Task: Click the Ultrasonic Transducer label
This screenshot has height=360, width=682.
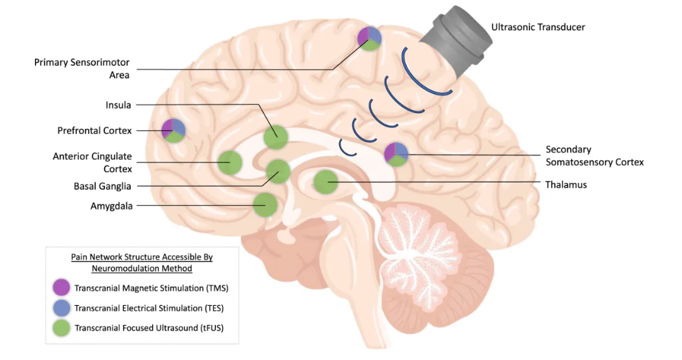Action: coord(538,27)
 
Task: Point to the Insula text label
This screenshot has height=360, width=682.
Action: coord(119,105)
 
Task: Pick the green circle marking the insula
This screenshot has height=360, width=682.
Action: coord(276,136)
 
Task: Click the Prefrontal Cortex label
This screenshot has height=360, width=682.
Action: coord(95,130)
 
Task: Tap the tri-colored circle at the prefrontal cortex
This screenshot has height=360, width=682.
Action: coord(173,130)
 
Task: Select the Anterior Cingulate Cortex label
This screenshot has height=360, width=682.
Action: coord(93,162)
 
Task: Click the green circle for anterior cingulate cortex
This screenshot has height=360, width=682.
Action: coord(230,163)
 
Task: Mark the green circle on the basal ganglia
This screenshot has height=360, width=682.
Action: coord(278,170)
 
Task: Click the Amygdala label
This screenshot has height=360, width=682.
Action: coord(111,205)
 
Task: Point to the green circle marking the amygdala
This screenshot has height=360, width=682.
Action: coord(265,204)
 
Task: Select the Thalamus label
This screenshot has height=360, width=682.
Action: coord(565,184)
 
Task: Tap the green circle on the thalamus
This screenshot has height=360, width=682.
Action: coord(326,182)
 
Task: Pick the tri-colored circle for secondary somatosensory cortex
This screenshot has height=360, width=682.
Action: coord(396,154)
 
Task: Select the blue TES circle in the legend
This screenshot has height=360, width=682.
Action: coord(62,308)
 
